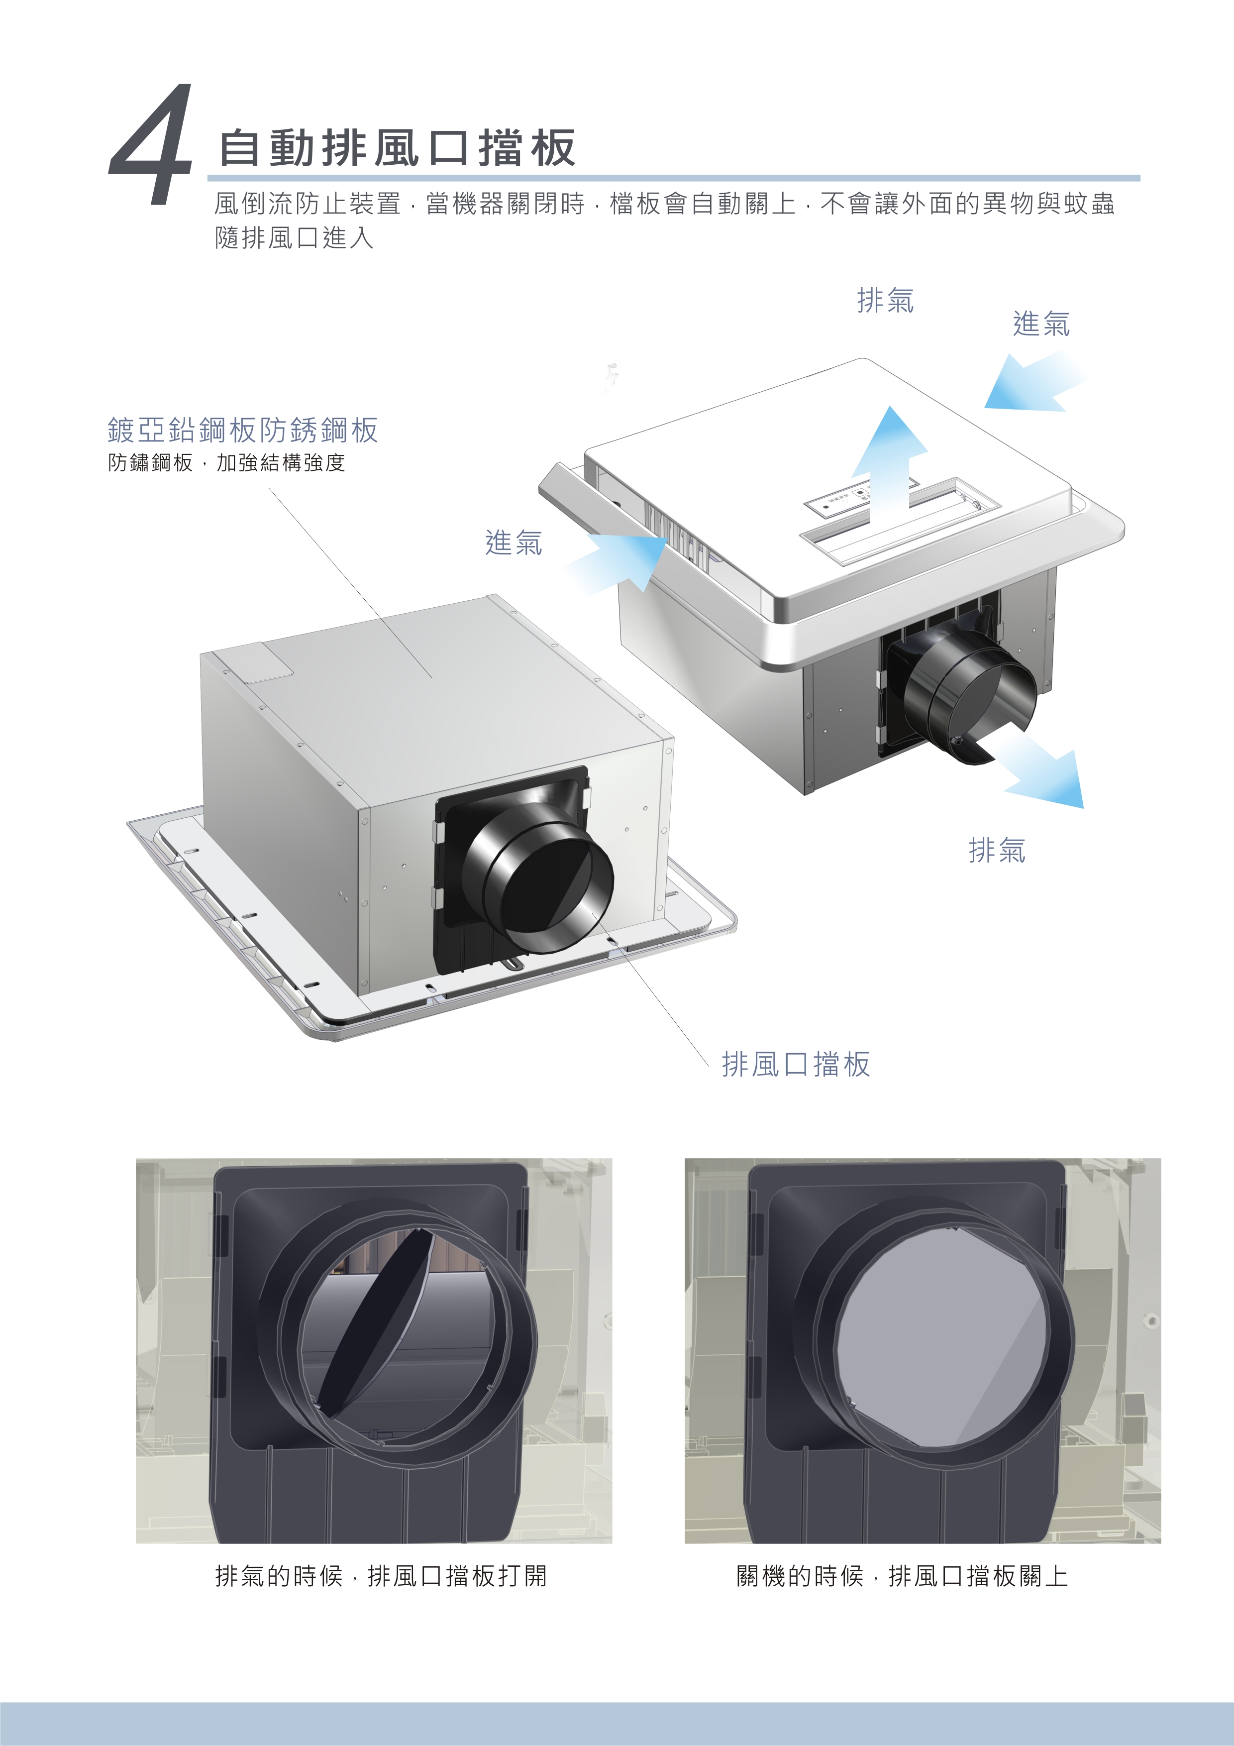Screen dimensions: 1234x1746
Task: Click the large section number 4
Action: point(151,144)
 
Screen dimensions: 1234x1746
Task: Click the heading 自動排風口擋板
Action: point(397,147)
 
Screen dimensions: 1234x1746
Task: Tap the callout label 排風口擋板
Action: point(795,1064)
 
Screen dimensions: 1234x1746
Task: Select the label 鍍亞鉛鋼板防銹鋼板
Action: point(242,431)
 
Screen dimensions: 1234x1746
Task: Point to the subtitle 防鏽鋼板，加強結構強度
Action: point(226,462)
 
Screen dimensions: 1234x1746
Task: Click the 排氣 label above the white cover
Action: point(885,301)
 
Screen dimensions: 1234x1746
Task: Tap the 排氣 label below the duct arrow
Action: point(997,850)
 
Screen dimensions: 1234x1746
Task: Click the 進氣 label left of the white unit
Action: point(514,543)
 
